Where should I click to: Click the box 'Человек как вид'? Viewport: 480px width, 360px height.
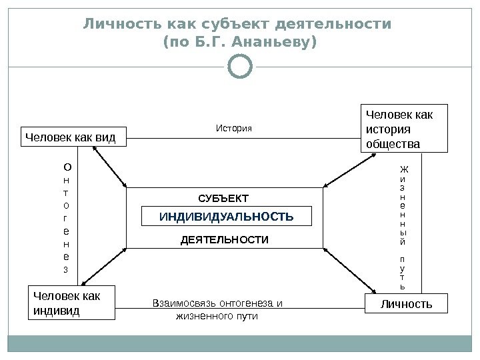[71, 138]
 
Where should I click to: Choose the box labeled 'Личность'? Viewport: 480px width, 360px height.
[406, 305]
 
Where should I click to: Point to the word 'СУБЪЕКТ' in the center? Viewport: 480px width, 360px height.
[223, 198]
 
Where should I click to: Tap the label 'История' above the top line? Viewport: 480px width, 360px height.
[235, 127]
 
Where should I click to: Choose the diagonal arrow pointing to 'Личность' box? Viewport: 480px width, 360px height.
[347, 271]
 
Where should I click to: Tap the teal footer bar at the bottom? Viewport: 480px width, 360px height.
[239, 344]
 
